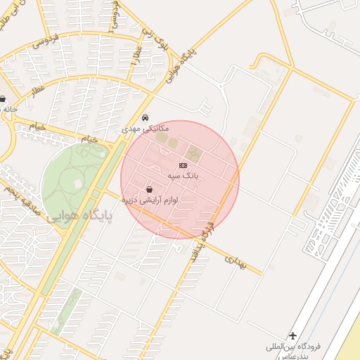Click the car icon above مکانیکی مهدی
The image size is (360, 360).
pos(146,117)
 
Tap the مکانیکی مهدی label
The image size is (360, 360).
pos(146,130)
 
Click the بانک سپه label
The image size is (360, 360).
pos(184,173)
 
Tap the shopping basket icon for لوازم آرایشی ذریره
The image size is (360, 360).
pos(150,189)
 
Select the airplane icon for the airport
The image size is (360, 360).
pos(293,335)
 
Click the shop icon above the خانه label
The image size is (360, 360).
pos(3,99)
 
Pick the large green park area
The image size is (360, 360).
pos(70,176)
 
